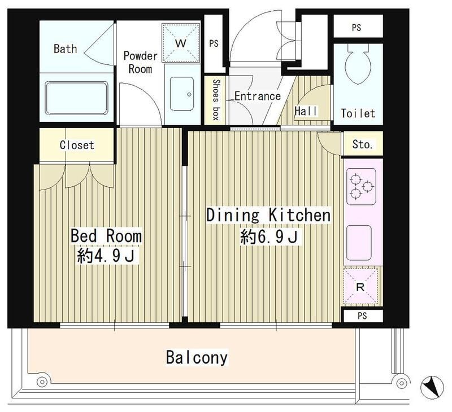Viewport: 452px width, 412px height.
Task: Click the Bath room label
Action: coord(66,49)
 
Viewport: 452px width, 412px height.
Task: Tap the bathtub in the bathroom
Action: coord(76,98)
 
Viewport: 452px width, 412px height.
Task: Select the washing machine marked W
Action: coord(181,43)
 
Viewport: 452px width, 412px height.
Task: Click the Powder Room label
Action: coord(140,62)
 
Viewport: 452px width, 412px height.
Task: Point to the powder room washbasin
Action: coord(182,94)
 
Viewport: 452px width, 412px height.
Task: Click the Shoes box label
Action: coord(216,100)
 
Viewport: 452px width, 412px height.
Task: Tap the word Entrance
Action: coord(258,96)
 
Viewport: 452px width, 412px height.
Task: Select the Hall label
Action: coord(306,111)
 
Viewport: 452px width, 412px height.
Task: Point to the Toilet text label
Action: coord(358,113)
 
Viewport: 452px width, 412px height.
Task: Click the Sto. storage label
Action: coord(362,144)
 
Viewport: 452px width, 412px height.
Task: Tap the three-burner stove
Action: coord(361,187)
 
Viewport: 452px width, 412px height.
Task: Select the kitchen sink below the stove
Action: coord(359,243)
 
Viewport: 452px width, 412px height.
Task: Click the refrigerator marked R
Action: coord(360,287)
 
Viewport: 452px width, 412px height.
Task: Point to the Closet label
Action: coord(77,145)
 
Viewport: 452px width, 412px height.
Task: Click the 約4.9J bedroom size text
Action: coord(106,256)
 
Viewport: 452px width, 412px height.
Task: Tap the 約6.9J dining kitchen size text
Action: coord(269,237)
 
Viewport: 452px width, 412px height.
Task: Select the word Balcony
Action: coord(197,357)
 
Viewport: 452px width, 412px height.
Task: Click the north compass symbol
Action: coord(432,387)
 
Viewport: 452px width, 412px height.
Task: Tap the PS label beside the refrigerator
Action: coord(362,315)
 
